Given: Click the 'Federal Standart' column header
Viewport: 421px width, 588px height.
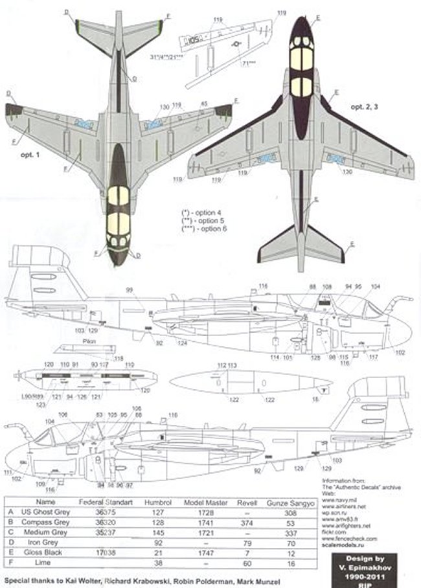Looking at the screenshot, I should [x=106, y=501].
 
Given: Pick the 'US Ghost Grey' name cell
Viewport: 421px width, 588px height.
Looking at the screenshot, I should [x=46, y=511].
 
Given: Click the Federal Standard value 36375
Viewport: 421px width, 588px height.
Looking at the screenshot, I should [x=106, y=511].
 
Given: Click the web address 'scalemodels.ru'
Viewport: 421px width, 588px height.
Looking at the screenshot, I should [x=341, y=547].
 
